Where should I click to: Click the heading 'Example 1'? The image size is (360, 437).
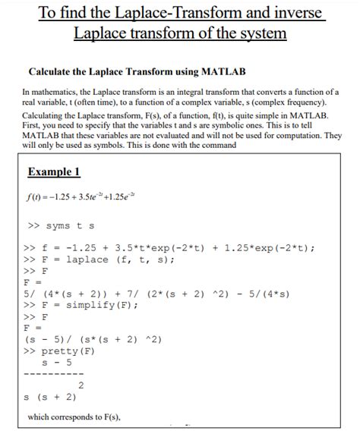pos(54,172)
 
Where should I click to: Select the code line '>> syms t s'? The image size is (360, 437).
pos(62,226)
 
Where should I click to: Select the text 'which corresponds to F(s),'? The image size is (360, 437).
pos(74,417)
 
